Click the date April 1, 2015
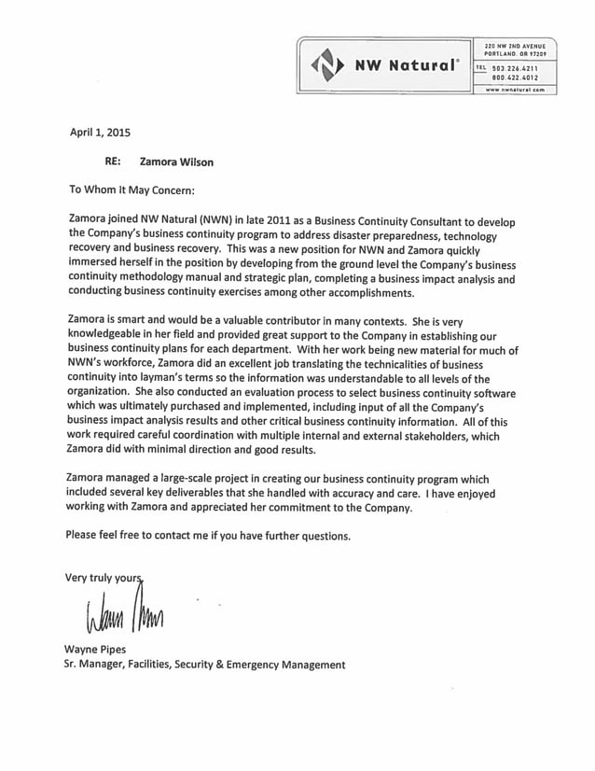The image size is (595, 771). click(101, 133)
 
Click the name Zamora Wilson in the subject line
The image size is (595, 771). click(176, 161)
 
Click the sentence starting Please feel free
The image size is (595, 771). click(210, 536)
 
